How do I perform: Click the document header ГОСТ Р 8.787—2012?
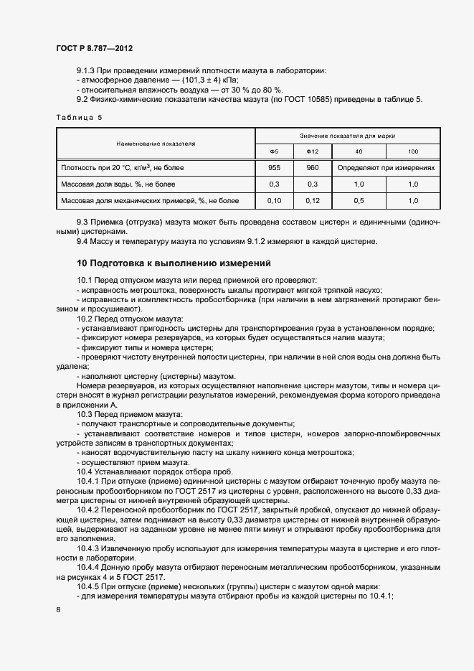(x=94, y=48)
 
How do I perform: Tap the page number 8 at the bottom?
(x=57, y=610)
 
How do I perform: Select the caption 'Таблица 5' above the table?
(x=79, y=118)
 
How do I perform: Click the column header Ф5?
(x=273, y=151)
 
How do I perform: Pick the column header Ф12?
(x=313, y=151)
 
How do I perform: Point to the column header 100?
(x=413, y=151)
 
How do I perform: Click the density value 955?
(x=273, y=167)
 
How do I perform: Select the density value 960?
(x=313, y=167)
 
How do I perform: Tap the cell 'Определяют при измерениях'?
(x=386, y=167)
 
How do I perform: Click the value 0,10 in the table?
(x=273, y=201)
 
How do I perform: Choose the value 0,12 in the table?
(x=313, y=201)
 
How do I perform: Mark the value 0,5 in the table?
(x=359, y=201)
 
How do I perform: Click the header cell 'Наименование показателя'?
(x=156, y=144)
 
